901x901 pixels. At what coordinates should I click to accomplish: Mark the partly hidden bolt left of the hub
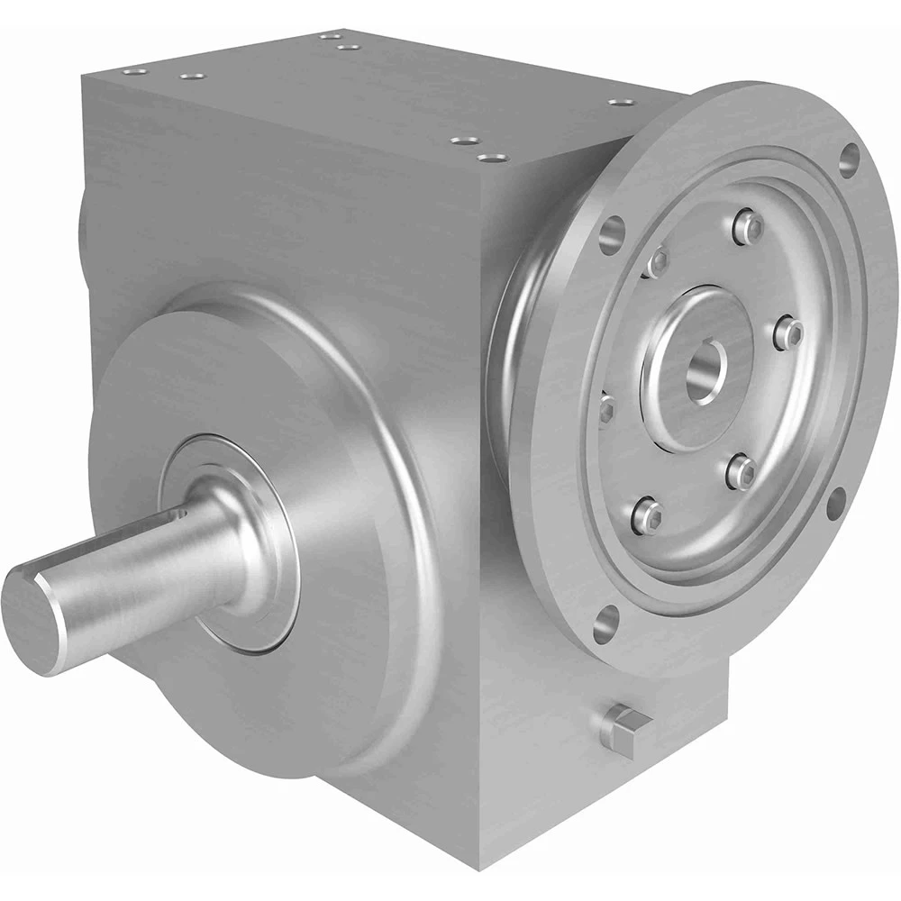click(605, 410)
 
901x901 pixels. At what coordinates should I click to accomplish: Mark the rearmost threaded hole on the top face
click(325, 37)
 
